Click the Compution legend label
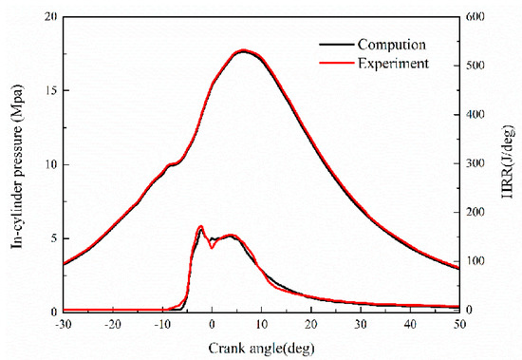point(390,45)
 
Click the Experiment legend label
point(392,63)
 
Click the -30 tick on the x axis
point(63,325)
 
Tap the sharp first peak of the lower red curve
point(200,227)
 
